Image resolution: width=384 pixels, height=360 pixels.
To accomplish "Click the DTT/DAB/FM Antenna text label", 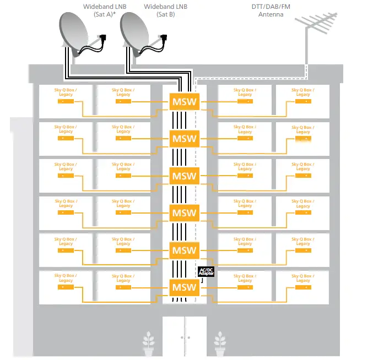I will (271, 10).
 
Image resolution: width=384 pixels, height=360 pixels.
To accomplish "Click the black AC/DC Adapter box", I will (206, 271).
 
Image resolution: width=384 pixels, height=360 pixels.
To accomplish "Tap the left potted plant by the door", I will (148, 344).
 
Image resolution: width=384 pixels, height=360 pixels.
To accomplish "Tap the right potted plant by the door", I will (220, 344).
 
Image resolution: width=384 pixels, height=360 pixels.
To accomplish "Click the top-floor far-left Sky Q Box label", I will (66, 92).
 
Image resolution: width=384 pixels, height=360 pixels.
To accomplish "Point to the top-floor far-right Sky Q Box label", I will (303, 92).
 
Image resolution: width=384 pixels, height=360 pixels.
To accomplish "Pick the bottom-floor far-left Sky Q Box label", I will (66, 277).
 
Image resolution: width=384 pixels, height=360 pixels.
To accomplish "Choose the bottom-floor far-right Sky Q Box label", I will (303, 277).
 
